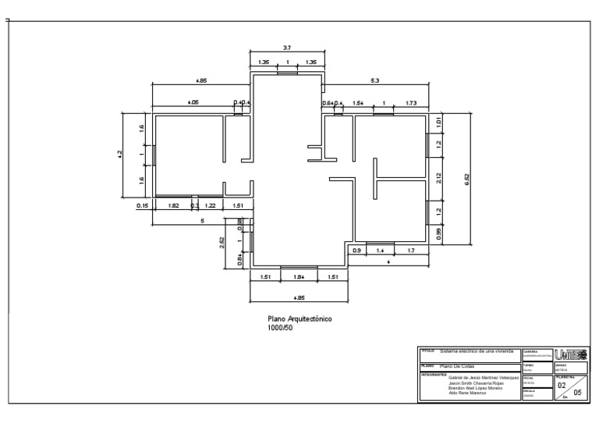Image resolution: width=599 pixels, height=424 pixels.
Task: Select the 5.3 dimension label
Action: [x=375, y=80]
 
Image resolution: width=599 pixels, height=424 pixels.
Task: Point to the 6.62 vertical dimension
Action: [x=467, y=179]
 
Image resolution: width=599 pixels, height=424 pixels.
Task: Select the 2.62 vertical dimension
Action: [x=222, y=241]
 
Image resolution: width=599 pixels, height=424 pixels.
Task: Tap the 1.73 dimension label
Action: [x=412, y=103]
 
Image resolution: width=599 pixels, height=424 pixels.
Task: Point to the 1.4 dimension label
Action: [x=381, y=250]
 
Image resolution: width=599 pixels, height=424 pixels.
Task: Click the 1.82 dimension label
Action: [x=174, y=205]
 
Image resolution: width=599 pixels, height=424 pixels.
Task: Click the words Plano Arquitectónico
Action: [x=300, y=319]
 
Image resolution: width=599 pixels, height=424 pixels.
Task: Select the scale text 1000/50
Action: [x=280, y=328]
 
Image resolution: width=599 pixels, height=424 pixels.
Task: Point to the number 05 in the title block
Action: [x=577, y=394]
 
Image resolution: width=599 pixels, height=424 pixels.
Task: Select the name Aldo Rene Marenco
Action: [x=467, y=393]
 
